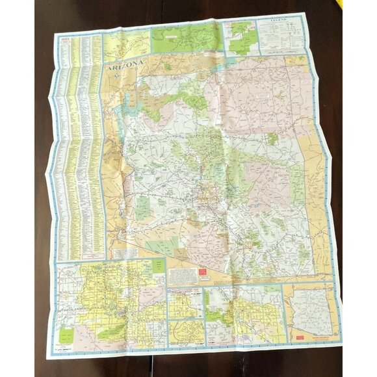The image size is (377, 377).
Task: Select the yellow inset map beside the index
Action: coord(126,44)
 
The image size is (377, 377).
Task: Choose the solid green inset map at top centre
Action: coord(186,38)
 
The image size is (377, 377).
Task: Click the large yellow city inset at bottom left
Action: coord(110,302)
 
